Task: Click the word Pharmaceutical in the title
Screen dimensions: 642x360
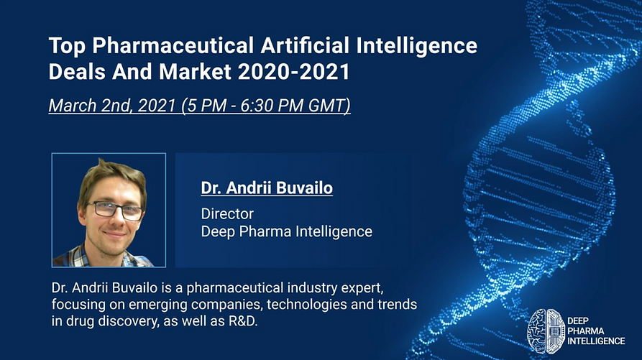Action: point(173,45)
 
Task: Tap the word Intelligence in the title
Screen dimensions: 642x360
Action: point(416,46)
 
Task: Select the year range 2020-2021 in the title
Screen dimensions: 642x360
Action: point(293,72)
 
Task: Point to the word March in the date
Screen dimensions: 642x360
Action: point(73,106)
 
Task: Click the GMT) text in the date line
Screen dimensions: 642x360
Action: point(329,106)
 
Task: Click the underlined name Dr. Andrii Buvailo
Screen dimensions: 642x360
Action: point(267,188)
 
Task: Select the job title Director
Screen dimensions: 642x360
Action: point(227,213)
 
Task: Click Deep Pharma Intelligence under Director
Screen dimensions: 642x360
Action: point(287,231)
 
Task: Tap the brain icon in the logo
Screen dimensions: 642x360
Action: point(546,331)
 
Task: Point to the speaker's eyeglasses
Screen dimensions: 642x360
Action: point(114,211)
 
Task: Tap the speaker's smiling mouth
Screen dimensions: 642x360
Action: point(114,234)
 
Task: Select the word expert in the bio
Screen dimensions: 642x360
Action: point(364,288)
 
